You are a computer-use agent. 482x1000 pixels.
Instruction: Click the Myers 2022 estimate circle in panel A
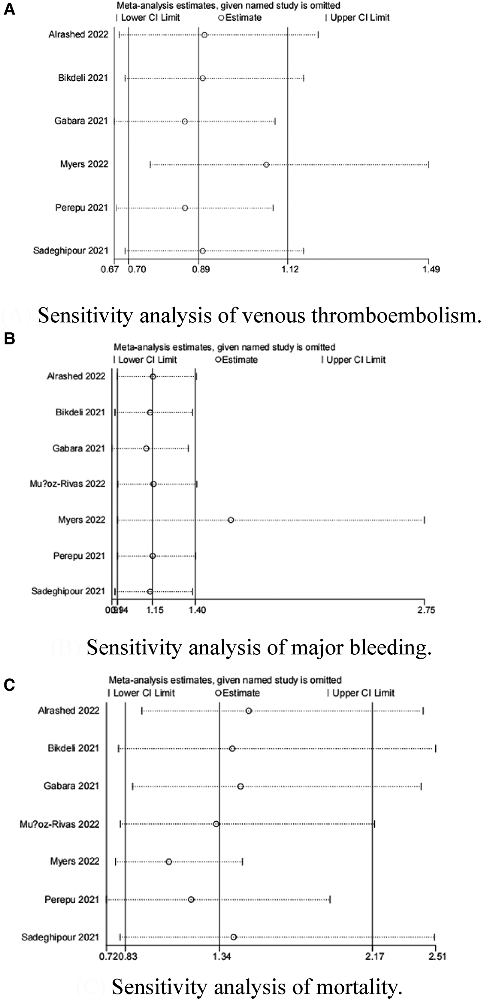click(266, 164)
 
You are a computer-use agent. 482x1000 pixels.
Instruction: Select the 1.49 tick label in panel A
click(431, 270)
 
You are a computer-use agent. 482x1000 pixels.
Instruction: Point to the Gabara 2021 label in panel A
click(81, 121)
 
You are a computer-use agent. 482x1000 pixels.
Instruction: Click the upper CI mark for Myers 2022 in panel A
click(428, 164)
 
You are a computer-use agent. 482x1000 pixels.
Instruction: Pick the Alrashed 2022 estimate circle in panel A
click(205, 35)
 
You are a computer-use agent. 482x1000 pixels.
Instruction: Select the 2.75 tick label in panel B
click(425, 610)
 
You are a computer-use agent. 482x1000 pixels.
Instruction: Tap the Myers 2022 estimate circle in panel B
click(231, 520)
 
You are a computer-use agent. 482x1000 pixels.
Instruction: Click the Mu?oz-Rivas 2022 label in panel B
click(68, 484)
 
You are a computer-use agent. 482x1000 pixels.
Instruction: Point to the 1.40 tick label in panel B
click(197, 610)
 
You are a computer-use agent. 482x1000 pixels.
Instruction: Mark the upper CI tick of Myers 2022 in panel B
click(424, 520)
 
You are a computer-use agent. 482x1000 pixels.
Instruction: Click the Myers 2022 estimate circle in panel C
click(169, 862)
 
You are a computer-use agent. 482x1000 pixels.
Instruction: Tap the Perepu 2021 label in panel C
click(72, 900)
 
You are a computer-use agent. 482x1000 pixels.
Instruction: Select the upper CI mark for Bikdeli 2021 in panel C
click(435, 748)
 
